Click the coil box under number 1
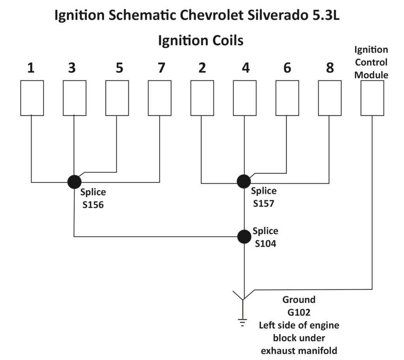32,98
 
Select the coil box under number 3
75,98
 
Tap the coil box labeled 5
117,98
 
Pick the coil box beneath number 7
160,98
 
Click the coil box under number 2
202,98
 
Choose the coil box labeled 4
245,98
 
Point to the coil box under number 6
287,98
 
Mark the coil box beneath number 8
330,98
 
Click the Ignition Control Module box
372,98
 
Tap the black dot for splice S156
74,182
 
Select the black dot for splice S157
244,181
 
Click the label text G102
299,313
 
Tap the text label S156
93,205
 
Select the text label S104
265,244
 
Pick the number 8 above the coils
330,68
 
